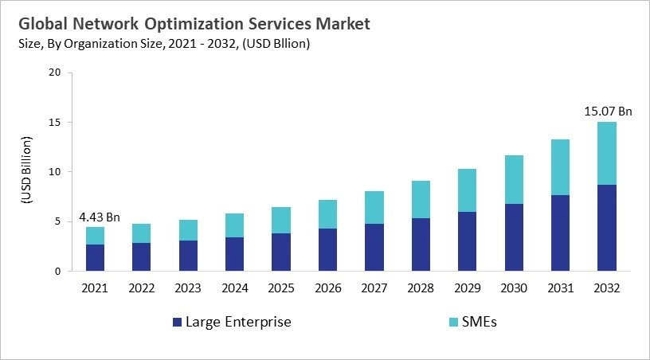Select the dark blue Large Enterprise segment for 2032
[x=607, y=228]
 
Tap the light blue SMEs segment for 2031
[x=561, y=167]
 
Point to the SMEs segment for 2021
[x=96, y=236]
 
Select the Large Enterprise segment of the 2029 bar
[x=468, y=241]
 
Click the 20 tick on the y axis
[x=54, y=72]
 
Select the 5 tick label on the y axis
[x=57, y=221]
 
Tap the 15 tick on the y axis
[x=54, y=122]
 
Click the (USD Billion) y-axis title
[x=25, y=172]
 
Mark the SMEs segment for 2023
[x=189, y=230]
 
